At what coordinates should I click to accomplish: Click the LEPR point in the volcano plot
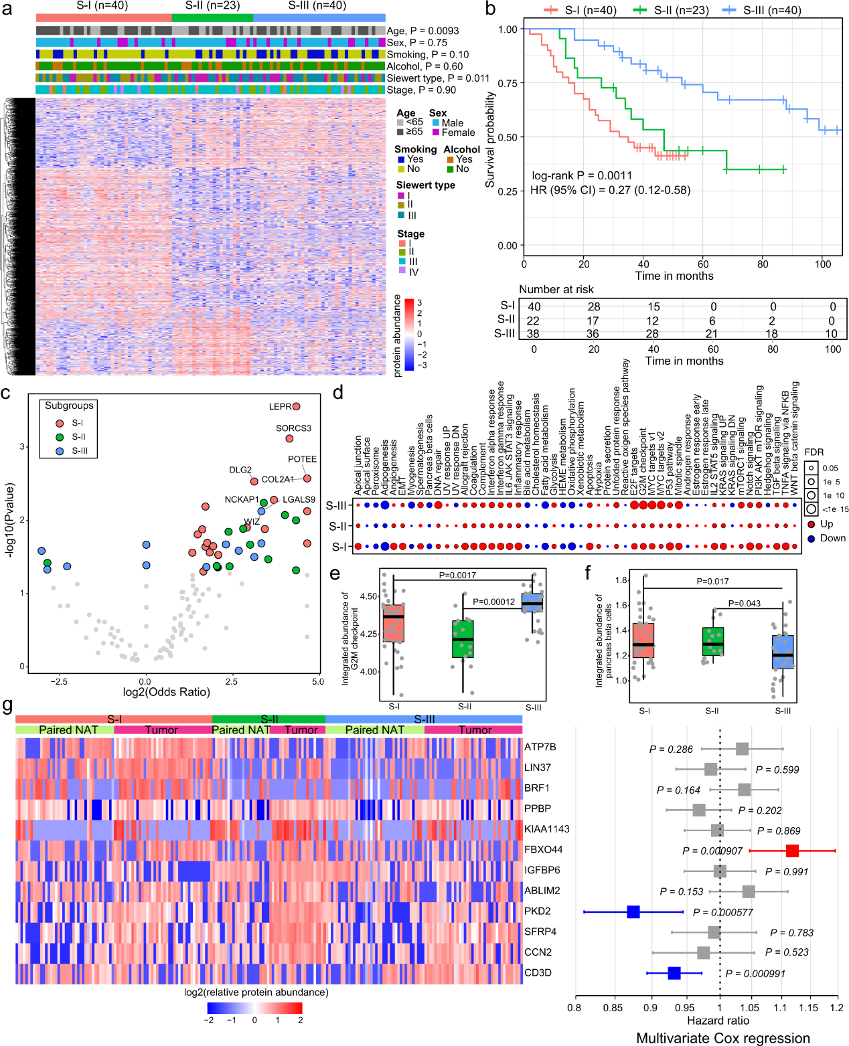tap(296, 406)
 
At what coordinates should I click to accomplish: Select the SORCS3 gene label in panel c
tap(293, 428)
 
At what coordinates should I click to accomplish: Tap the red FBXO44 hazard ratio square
tap(792, 851)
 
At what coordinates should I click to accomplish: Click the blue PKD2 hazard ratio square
tap(633, 911)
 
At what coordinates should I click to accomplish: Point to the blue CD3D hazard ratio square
tap(674, 973)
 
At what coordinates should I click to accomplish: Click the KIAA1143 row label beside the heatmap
tap(546, 829)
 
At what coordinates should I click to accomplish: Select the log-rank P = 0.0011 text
tap(582, 175)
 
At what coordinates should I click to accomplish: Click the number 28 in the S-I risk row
tap(594, 307)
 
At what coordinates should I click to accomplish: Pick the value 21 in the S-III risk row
tap(712, 333)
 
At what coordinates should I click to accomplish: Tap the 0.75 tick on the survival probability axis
tap(508, 83)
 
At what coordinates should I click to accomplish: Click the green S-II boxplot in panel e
tap(463, 638)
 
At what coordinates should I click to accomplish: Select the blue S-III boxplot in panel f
tap(782, 652)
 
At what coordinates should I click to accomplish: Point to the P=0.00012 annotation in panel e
tap(493, 602)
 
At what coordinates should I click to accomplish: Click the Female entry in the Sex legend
tap(458, 133)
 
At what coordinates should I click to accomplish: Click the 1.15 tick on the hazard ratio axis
tap(808, 1007)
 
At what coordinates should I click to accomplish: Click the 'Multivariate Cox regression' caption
tap(722, 1038)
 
